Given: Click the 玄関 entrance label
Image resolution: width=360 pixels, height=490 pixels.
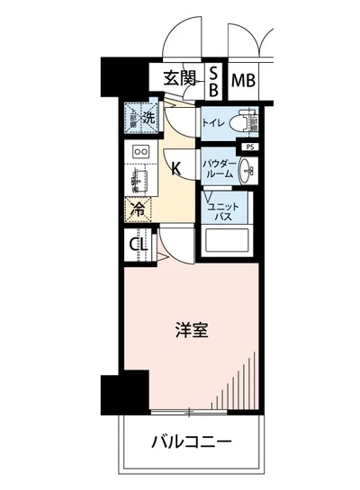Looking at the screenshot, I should [x=180, y=78].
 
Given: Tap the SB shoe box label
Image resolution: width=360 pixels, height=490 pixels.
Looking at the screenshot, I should [x=214, y=80].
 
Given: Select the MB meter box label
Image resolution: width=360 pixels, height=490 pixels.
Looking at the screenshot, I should [x=243, y=81].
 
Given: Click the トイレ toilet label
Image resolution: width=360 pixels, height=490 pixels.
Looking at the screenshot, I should [x=213, y=122].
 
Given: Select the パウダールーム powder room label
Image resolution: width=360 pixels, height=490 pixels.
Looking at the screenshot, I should [x=219, y=167].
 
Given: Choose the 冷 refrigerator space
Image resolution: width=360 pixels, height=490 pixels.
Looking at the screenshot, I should [x=139, y=210].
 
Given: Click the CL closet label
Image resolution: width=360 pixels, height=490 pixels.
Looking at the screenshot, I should [x=139, y=243].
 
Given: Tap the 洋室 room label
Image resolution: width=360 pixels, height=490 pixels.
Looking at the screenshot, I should [x=192, y=330].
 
